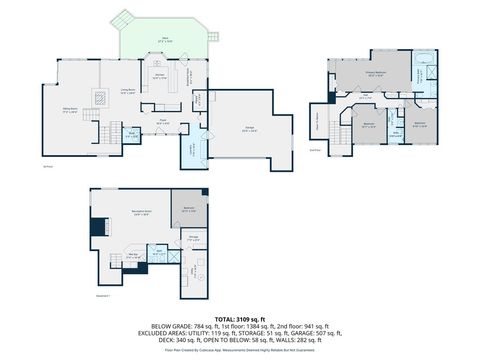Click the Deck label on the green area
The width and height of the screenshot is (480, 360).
[165, 40]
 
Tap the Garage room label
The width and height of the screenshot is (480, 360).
[248, 128]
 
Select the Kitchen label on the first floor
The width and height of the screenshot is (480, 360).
[159, 76]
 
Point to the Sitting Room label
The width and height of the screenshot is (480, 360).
[71, 111]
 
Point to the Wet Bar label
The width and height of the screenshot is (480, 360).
[131, 255]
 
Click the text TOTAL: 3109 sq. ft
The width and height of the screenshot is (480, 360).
[239, 319]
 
